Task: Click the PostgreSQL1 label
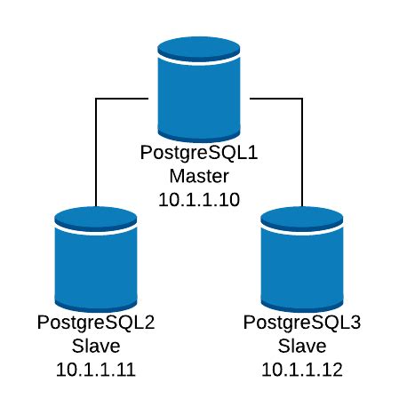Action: coord(199,154)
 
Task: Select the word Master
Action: coord(199,176)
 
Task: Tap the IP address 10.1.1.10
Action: coord(199,200)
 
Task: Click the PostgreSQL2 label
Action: coord(96,323)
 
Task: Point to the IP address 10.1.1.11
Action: coord(96,370)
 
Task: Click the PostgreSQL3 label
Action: coord(302,323)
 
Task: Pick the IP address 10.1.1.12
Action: coord(302,370)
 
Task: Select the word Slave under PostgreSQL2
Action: coord(96,346)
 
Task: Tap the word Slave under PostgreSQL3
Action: coord(302,346)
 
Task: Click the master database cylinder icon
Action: coord(199,90)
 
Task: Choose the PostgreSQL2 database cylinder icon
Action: coord(96,259)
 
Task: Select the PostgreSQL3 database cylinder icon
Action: coord(302,259)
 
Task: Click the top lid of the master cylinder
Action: coord(199,50)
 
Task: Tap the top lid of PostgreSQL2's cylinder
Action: coord(96,219)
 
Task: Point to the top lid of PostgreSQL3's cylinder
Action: coord(302,219)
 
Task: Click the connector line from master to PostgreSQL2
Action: coord(96,126)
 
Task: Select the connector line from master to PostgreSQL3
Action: coord(302,126)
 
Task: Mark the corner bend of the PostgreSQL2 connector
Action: coord(96,99)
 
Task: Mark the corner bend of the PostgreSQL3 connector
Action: coord(302,99)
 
